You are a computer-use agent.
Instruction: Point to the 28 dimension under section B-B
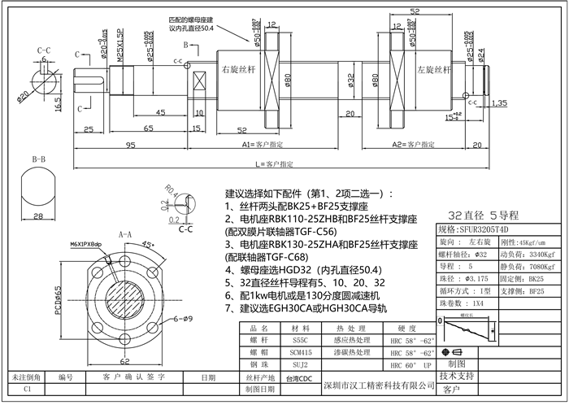click(38, 216)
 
